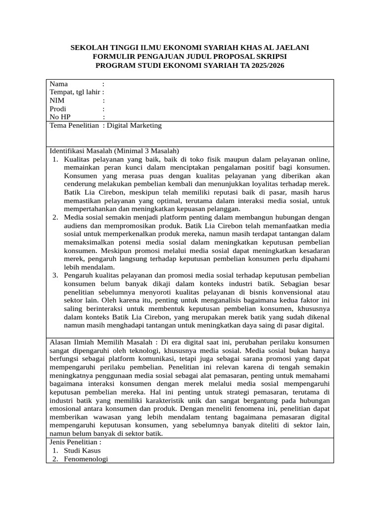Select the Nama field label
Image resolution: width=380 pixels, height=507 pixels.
(x=59, y=84)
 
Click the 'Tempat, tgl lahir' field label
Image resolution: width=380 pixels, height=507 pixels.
(x=75, y=92)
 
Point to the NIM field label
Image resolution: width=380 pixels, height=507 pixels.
(x=57, y=101)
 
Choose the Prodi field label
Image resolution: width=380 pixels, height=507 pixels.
(x=58, y=109)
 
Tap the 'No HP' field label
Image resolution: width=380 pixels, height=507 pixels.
(x=60, y=117)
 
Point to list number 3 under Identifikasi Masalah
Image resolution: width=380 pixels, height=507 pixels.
(x=55, y=275)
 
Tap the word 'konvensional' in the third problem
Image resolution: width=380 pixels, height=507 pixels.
(x=289, y=292)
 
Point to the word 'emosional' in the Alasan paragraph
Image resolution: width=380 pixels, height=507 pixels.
(x=65, y=409)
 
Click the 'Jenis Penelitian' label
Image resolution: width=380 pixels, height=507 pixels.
(x=74, y=442)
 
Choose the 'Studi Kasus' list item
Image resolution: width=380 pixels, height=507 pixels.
(x=82, y=451)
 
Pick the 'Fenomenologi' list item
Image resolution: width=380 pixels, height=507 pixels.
(x=86, y=459)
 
